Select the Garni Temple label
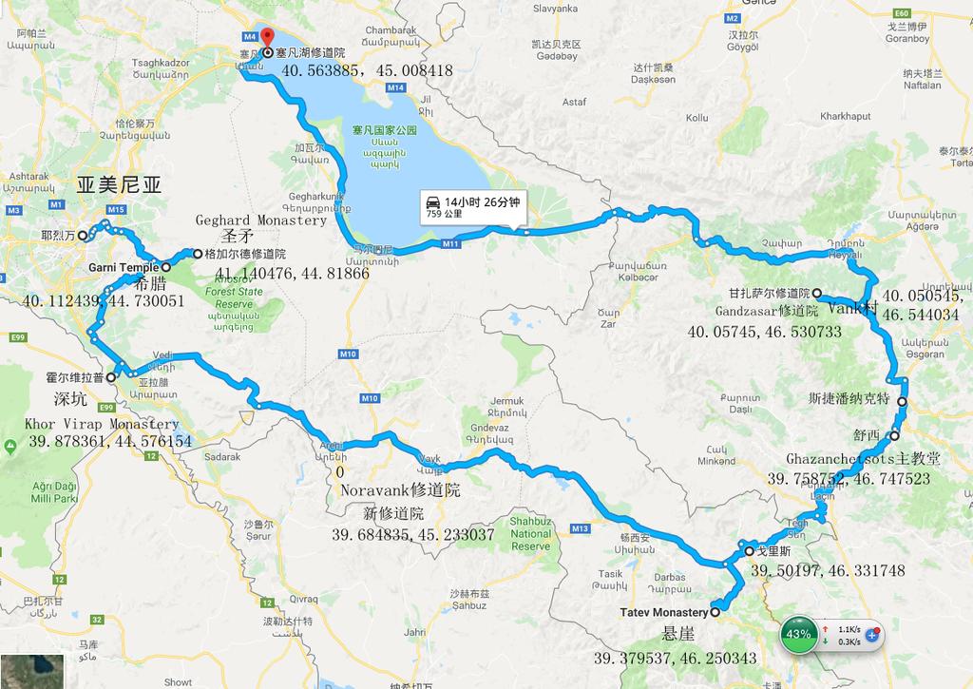(123, 268)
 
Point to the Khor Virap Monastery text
(104, 424)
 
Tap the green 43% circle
(799, 634)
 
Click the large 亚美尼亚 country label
(119, 185)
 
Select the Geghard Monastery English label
(261, 220)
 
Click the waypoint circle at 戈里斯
(749, 550)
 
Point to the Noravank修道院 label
(399, 491)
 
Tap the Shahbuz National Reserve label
(530, 534)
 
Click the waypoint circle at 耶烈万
(83, 235)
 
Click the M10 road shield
(347, 355)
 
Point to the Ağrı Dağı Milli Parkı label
(50, 491)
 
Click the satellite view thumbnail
(31, 671)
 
